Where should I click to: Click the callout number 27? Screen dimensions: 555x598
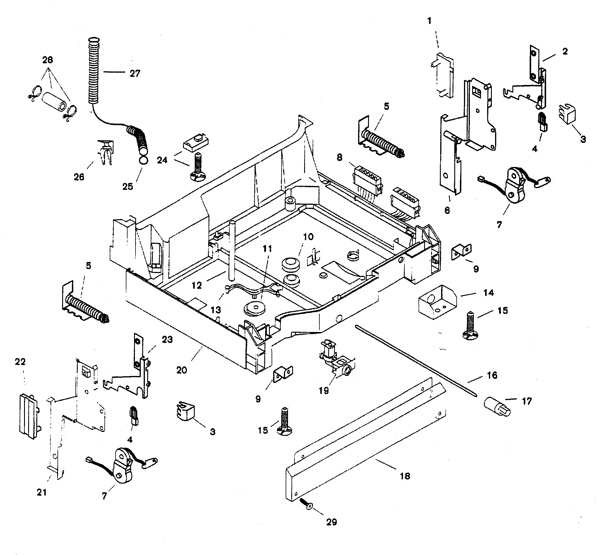(135, 73)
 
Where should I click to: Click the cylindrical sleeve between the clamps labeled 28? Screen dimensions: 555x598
(55, 102)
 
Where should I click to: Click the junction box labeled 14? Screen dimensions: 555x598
(437, 302)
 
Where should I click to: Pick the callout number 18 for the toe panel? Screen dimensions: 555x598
(405, 476)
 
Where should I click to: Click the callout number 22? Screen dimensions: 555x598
(20, 362)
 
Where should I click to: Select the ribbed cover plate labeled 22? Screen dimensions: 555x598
(28, 416)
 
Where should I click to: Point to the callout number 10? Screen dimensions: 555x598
(308, 237)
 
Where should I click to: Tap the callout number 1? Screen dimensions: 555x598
(429, 21)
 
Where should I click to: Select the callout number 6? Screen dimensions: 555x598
(447, 210)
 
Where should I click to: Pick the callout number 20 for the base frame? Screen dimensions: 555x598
(182, 370)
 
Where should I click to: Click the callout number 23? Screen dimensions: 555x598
(167, 340)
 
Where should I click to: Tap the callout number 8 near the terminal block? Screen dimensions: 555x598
(339, 157)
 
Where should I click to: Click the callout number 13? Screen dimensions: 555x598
(216, 310)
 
